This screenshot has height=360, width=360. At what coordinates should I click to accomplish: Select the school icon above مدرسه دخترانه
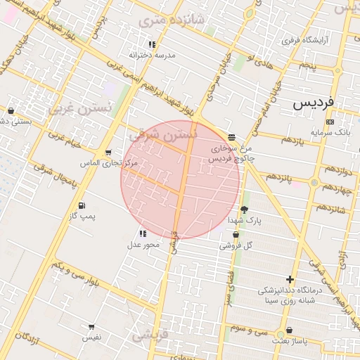point(153,44)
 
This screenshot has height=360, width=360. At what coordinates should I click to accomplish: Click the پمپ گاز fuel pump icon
point(82,205)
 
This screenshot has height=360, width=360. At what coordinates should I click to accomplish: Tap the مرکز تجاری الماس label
point(111,162)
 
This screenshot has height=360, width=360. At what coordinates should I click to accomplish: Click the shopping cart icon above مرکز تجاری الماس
point(108,152)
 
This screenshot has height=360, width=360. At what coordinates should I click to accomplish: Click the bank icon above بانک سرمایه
point(330,122)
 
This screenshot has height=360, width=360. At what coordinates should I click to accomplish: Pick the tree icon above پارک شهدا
point(244,210)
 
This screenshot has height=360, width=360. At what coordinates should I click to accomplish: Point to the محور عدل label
point(143,244)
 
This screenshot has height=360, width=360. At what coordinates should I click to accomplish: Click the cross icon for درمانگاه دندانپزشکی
point(290,279)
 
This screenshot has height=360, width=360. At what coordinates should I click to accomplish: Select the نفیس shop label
point(91,337)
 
